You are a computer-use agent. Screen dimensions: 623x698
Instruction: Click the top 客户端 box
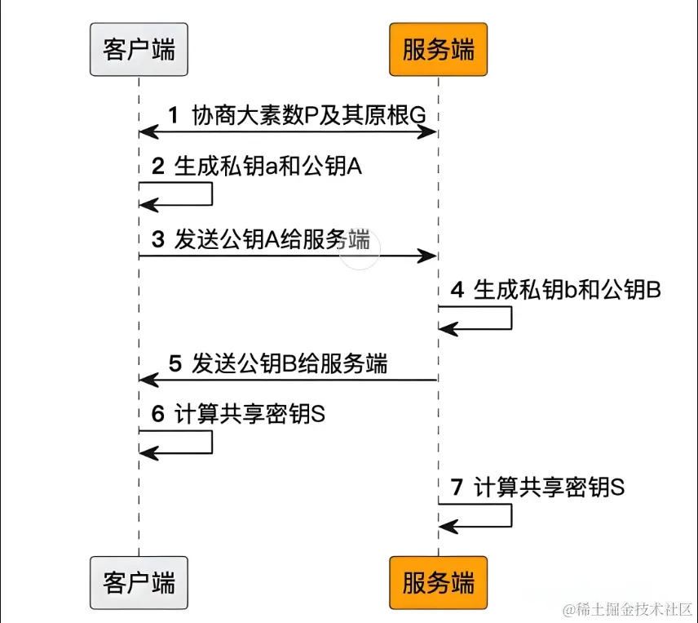tap(139, 51)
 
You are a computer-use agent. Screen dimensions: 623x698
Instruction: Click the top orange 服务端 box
tap(438, 51)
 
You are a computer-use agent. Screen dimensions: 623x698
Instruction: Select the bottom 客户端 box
tap(139, 583)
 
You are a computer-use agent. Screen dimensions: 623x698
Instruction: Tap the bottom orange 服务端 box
tap(438, 583)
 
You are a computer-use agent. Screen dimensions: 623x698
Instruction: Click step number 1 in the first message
tap(173, 115)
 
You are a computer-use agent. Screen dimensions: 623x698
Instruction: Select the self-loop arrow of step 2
tap(210, 194)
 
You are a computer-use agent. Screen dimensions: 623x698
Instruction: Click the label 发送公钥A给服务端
tap(272, 240)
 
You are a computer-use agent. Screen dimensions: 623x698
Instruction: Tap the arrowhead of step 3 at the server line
tap(429, 256)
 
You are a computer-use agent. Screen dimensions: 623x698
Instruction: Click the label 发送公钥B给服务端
tap(289, 363)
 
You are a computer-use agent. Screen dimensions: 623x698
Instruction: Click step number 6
tap(158, 414)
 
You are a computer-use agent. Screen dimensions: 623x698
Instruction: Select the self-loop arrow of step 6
tap(210, 442)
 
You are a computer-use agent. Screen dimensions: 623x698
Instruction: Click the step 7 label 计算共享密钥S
tap(550, 487)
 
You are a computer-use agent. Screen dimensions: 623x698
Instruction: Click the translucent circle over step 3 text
tap(360, 249)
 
